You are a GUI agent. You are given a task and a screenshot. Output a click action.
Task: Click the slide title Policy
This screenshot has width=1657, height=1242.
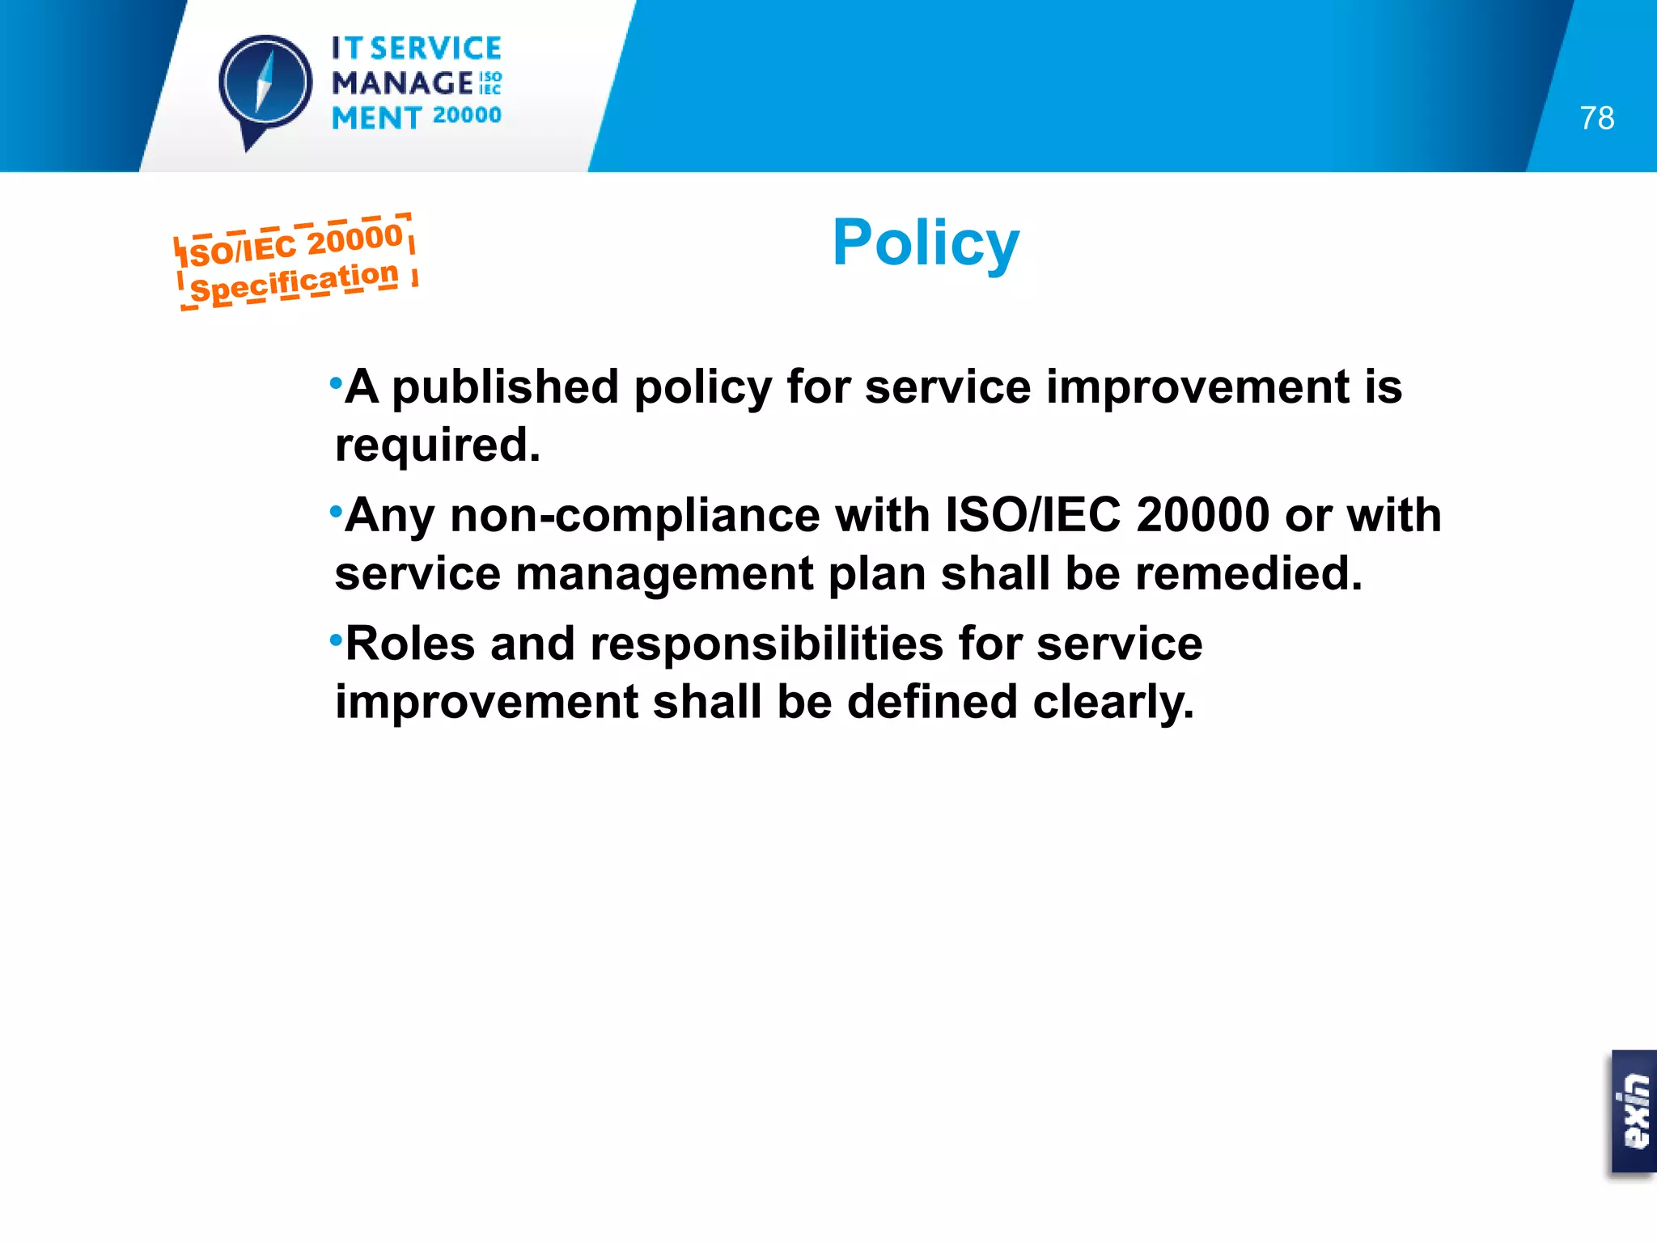926,243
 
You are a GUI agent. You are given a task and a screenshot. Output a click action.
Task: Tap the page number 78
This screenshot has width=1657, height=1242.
1596,118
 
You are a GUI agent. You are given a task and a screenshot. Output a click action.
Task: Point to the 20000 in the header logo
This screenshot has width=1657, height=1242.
467,116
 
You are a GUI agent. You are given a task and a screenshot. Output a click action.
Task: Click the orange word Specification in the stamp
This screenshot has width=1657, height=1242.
295,282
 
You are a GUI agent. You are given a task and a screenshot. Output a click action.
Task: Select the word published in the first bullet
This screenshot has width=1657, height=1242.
505,387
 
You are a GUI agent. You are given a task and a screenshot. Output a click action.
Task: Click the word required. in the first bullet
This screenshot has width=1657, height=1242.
438,445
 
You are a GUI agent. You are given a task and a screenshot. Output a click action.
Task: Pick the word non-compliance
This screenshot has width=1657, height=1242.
634,515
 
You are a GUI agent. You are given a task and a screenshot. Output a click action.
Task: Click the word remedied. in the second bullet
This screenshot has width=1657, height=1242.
1248,573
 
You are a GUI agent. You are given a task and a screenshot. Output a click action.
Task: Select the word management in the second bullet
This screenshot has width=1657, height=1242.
663,573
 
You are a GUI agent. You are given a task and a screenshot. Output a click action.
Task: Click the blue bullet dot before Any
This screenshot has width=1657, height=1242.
336,511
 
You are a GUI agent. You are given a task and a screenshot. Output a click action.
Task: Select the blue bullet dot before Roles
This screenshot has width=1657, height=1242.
336,640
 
